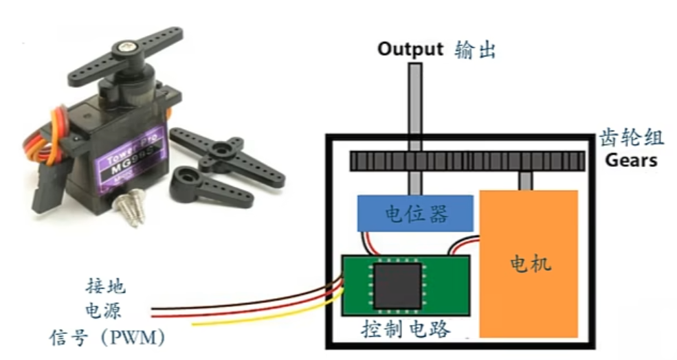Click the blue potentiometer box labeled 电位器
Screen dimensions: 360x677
pos(414,213)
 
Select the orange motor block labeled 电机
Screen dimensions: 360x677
pos(528,263)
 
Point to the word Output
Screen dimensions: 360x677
pos(410,49)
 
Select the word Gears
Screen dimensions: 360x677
pos(630,161)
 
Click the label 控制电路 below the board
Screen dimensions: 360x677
pos(406,329)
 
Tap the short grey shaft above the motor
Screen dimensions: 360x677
pos(526,181)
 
